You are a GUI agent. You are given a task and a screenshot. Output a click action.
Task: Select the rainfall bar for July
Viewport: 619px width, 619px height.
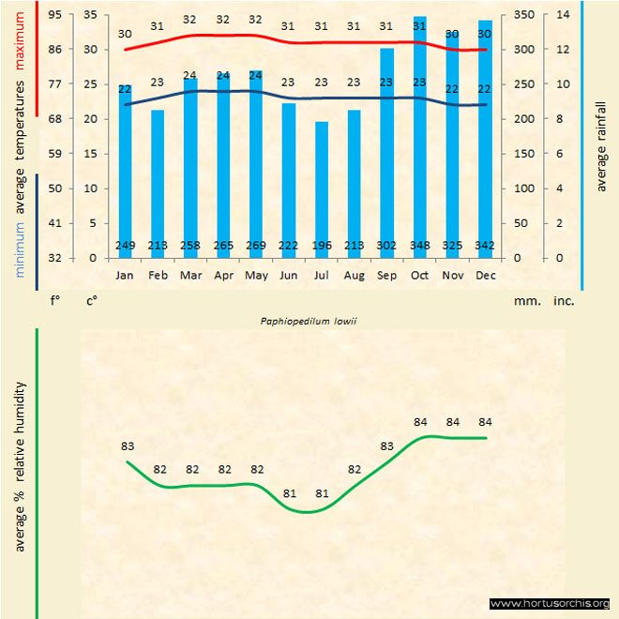[322, 188]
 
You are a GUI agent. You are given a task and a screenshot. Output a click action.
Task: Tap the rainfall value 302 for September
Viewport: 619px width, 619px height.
[386, 246]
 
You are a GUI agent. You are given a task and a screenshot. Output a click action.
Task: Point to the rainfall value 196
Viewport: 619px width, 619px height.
[322, 246]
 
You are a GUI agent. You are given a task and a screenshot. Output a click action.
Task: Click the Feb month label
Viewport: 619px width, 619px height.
[158, 276]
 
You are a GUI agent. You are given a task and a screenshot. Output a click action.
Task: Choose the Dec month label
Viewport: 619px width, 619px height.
[485, 276]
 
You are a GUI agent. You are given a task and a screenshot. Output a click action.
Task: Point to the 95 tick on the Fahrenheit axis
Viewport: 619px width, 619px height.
[55, 15]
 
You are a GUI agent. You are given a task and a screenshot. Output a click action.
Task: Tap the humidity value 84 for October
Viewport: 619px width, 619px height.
[420, 421]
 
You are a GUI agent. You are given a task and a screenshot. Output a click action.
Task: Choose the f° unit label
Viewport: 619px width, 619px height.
[54, 301]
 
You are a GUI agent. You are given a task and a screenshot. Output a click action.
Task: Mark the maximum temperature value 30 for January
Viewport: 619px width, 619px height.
[125, 34]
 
